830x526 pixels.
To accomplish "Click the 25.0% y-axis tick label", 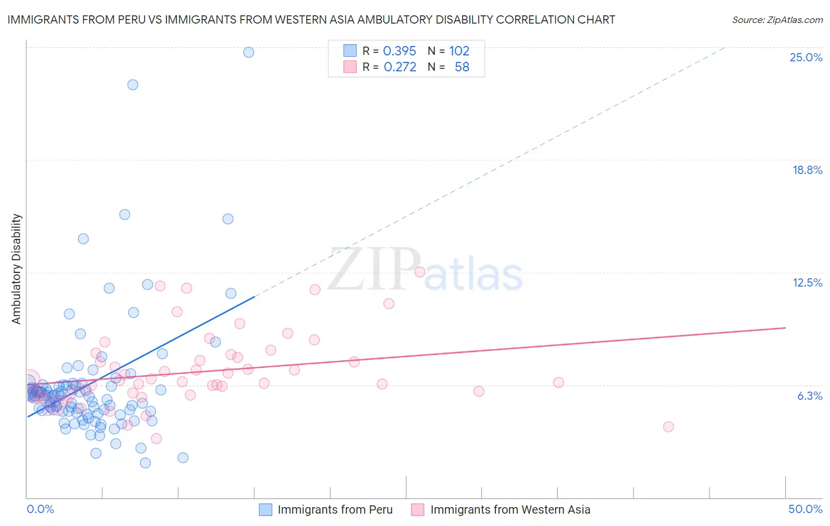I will [x=806, y=57].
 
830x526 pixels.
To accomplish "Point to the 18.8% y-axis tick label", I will [x=807, y=170].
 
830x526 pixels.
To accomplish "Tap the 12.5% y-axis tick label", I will [x=807, y=282].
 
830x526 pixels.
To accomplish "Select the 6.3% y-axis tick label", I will [x=809, y=396].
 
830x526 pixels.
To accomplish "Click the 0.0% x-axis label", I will [x=40, y=509].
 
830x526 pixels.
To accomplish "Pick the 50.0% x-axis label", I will [x=805, y=509].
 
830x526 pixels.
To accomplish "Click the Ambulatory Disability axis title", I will [x=17, y=269].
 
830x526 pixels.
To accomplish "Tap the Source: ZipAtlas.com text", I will [x=777, y=19].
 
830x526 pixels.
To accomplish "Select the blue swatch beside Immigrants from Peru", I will [x=266, y=509].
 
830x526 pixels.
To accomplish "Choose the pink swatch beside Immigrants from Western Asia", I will [x=418, y=509].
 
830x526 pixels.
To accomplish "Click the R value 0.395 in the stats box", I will [x=400, y=51].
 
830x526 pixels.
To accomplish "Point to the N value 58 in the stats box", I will [x=462, y=67].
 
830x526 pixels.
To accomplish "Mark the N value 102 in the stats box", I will [x=459, y=51].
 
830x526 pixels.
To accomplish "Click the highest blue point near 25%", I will [x=249, y=52].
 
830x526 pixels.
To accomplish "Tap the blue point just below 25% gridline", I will [x=133, y=85].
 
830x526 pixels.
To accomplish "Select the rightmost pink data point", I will [x=668, y=427].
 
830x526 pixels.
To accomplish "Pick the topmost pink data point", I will [x=420, y=272].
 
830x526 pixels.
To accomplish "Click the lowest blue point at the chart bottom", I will [x=145, y=463].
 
